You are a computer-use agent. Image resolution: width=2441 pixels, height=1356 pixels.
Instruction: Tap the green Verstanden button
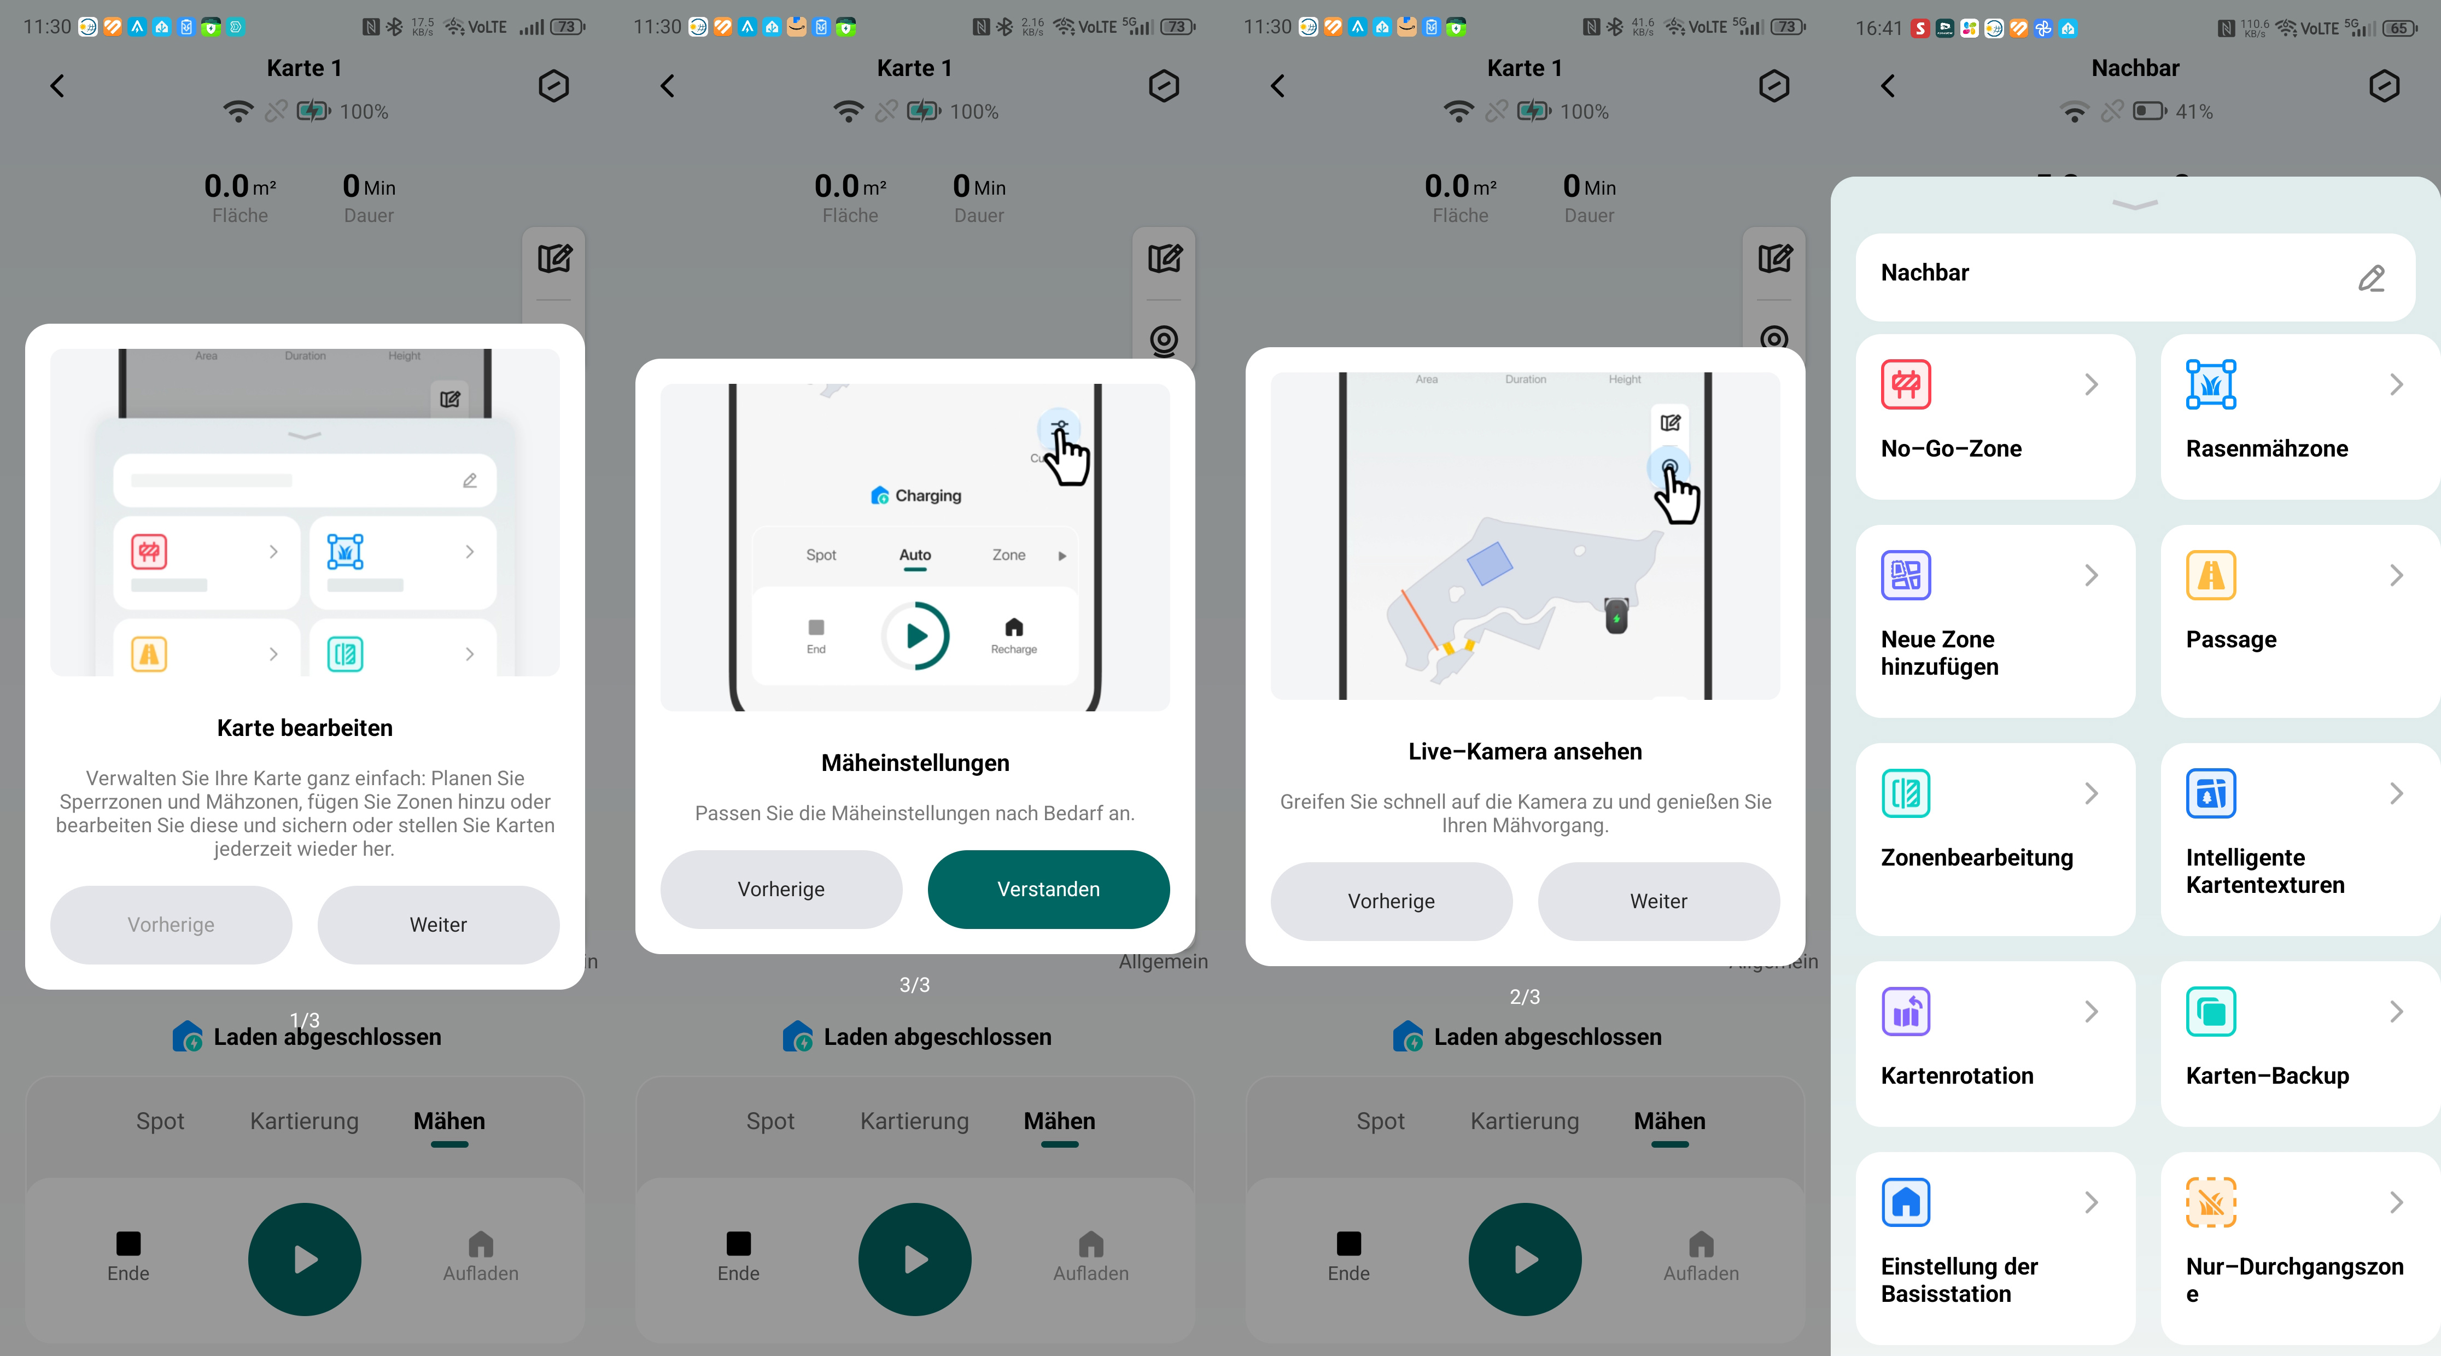click(x=1048, y=889)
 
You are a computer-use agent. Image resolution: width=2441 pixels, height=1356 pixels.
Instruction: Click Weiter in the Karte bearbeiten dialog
click(x=438, y=925)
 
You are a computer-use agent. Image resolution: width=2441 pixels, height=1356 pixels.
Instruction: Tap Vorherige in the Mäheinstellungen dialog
click(x=781, y=889)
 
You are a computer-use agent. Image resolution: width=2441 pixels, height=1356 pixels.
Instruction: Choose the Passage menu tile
click(x=2300, y=621)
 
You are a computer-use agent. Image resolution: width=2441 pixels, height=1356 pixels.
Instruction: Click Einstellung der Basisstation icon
click(x=1906, y=1202)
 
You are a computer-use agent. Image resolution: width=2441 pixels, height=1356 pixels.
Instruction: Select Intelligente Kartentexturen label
click(x=2265, y=871)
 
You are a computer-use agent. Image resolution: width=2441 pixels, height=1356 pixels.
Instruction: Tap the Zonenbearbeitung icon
click(x=1906, y=793)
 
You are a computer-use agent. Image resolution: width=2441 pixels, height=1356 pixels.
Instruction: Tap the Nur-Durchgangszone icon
click(x=2211, y=1202)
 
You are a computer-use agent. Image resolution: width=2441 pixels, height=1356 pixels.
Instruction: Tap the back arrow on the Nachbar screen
click(x=1888, y=86)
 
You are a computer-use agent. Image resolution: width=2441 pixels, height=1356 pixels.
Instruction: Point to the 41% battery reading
click(x=2194, y=112)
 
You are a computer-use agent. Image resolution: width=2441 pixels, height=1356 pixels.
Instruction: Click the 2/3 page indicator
click(x=1525, y=997)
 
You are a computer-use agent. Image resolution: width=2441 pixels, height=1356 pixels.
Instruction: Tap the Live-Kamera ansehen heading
click(x=1525, y=751)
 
